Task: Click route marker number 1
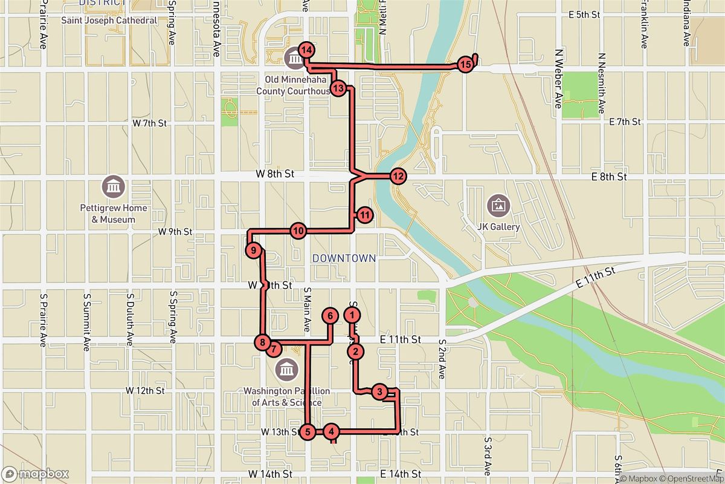pos(352,315)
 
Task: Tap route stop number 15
pos(465,65)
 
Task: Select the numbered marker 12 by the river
pos(398,176)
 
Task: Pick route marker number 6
pos(329,315)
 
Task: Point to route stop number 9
pos(254,250)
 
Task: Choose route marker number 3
pos(379,392)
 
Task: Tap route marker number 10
pos(298,231)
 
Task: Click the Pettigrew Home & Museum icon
pos(113,186)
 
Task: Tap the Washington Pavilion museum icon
pos(286,368)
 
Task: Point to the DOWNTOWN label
pos(344,258)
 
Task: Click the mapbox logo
pos(35,474)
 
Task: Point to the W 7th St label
pos(149,123)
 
